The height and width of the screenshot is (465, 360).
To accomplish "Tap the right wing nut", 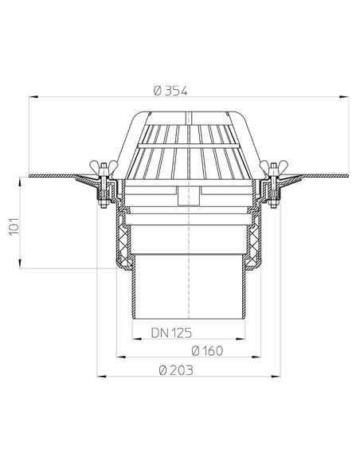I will [275, 169].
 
